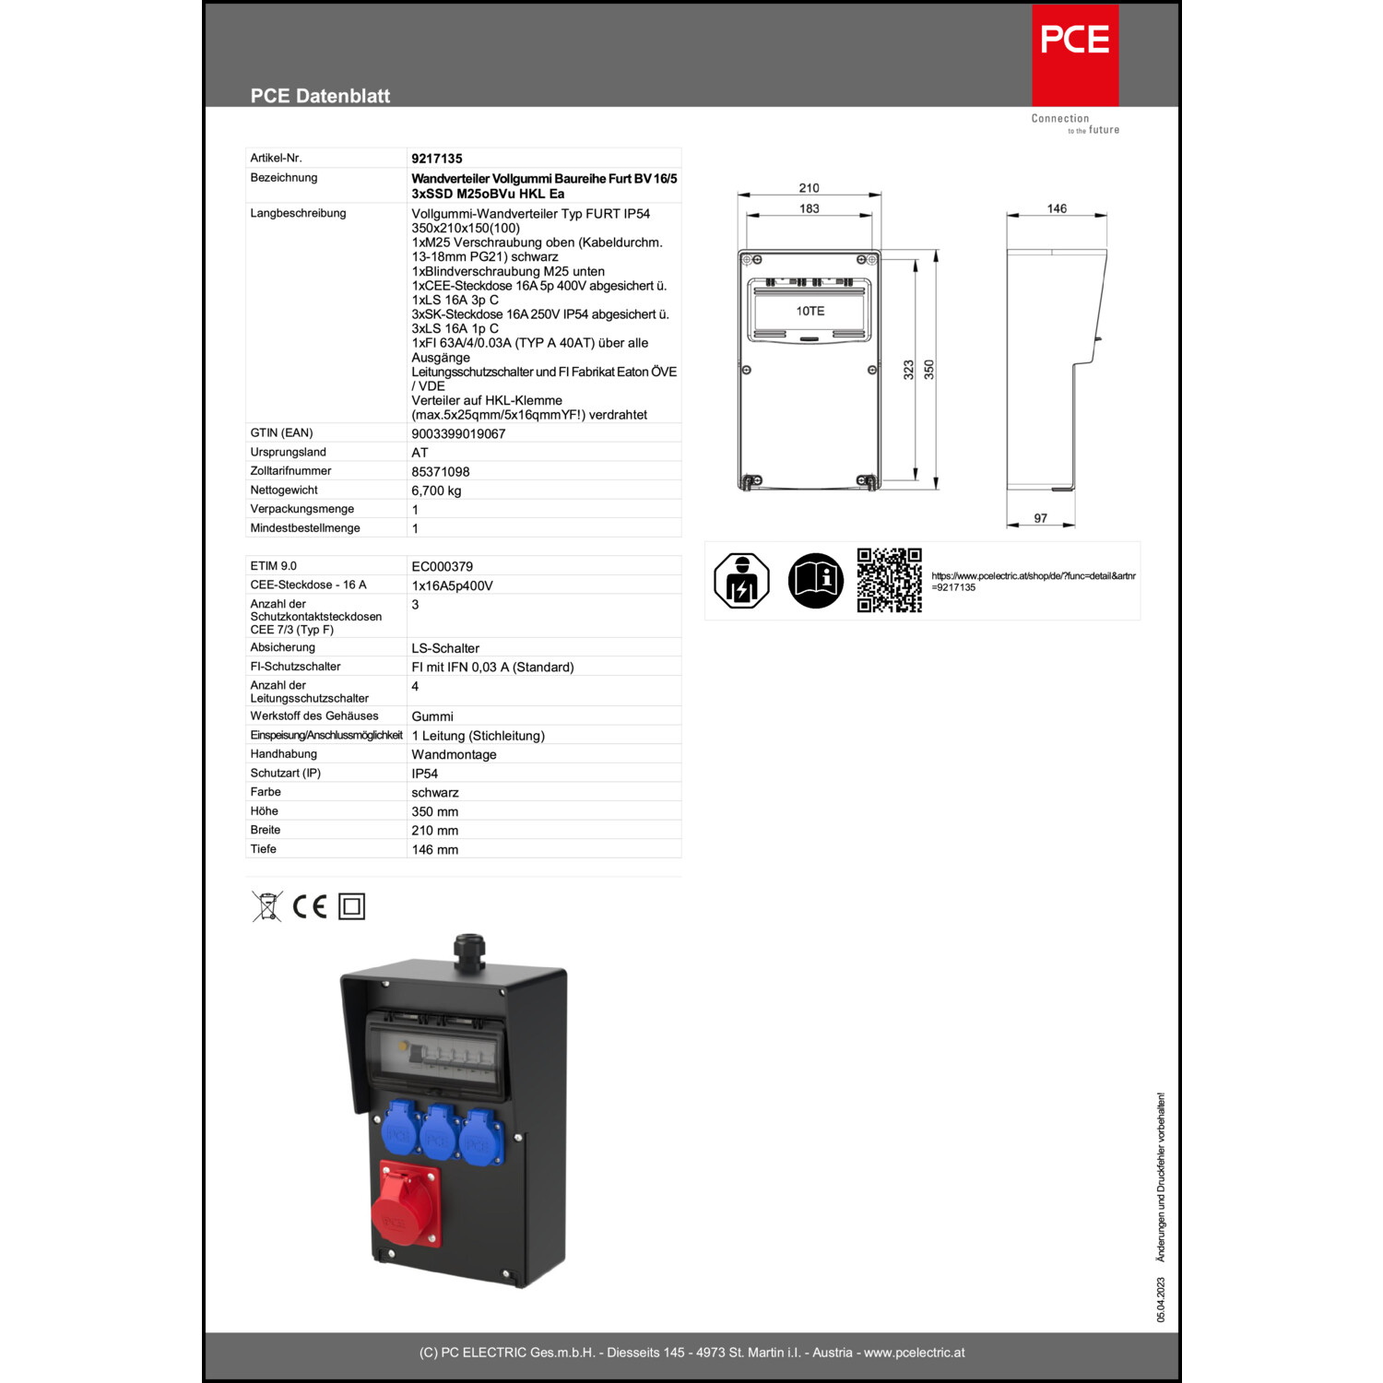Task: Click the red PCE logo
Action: coord(1075,55)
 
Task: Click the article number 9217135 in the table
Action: coord(437,159)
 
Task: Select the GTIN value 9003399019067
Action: coord(458,433)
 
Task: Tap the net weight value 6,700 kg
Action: coord(436,491)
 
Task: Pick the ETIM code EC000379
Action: coord(443,566)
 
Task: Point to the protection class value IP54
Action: coord(425,774)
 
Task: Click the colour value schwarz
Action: coord(435,793)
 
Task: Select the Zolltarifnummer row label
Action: coord(290,471)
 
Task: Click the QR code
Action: coord(890,580)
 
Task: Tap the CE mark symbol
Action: coord(310,906)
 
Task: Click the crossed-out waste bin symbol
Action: coord(267,906)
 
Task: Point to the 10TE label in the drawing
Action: coord(810,311)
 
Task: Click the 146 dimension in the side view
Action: coord(1057,208)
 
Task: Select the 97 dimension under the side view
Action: coord(1040,518)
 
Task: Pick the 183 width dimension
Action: coord(810,208)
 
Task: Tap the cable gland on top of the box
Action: coord(469,952)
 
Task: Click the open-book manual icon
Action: coord(815,580)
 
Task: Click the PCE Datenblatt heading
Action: coord(320,96)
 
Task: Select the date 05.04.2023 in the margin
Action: coord(1161,1299)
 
